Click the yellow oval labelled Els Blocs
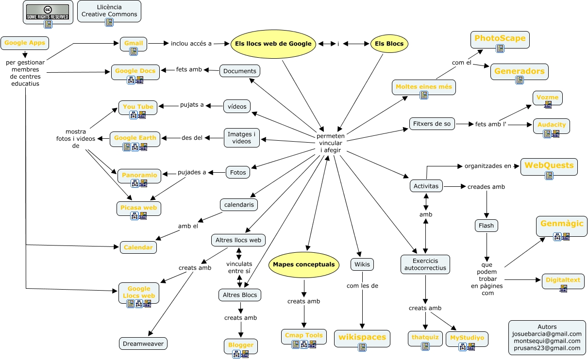389,44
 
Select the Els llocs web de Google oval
273,44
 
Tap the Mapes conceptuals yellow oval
303,264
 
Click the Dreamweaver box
144,344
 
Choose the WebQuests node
549,166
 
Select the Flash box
486,226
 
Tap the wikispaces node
362,337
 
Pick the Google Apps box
25,43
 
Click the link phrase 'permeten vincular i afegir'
331,143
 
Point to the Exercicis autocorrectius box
425,264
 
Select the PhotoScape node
500,39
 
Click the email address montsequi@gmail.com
547,341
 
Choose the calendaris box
239,205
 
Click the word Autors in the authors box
547,327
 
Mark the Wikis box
362,264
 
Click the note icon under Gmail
134,51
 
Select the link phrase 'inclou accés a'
191,44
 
